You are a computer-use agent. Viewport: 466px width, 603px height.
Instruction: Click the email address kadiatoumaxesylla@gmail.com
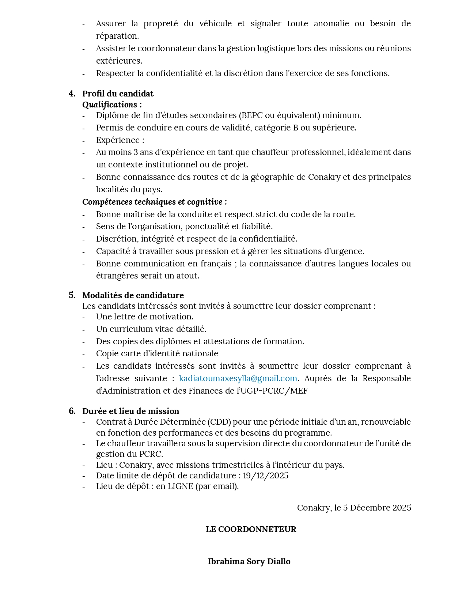(x=238, y=378)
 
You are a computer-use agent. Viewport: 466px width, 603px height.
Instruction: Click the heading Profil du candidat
(x=118, y=94)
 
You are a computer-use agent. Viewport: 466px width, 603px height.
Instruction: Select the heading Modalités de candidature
(x=133, y=295)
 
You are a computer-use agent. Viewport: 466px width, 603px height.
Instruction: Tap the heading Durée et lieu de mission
(x=130, y=411)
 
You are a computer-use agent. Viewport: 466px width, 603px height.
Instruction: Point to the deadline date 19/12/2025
(x=266, y=475)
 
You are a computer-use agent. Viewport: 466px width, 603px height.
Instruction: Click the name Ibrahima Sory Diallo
(x=249, y=561)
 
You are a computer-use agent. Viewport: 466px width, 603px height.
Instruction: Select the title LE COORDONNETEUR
(x=251, y=529)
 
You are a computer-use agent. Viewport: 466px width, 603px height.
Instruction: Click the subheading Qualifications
(x=112, y=105)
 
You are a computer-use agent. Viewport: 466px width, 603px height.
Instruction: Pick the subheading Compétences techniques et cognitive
(x=154, y=202)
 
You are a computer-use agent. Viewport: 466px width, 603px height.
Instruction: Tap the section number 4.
(x=72, y=94)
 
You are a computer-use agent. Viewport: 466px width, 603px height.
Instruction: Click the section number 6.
(x=72, y=411)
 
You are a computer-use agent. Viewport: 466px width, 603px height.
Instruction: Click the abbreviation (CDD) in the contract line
(x=219, y=422)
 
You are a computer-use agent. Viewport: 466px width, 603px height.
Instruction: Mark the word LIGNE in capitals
(x=180, y=486)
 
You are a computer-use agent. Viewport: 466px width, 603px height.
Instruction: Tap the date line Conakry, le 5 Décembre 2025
(x=354, y=508)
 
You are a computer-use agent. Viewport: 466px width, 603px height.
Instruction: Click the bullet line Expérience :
(x=120, y=140)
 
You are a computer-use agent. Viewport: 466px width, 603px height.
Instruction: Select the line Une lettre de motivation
(x=145, y=316)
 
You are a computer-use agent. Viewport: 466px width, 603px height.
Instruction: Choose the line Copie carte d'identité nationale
(x=157, y=353)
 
